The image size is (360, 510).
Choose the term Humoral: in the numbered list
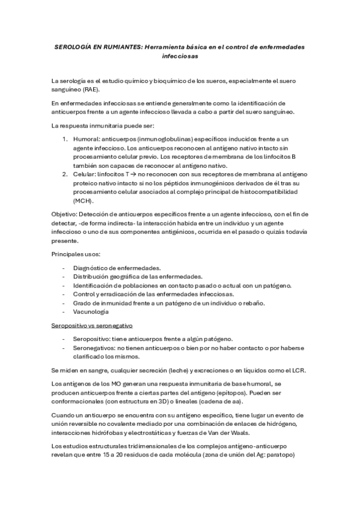87,139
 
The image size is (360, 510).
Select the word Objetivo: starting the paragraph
66,214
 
